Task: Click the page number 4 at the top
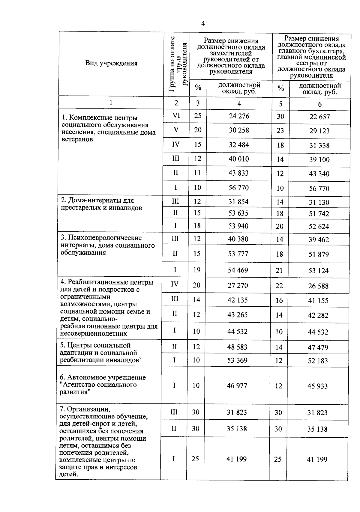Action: click(x=203, y=24)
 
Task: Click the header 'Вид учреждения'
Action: click(x=111, y=63)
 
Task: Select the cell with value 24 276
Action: click(x=239, y=116)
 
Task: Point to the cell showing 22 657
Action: click(x=319, y=117)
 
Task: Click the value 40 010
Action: click(x=239, y=159)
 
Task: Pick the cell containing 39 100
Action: click(x=319, y=160)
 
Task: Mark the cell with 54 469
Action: click(x=238, y=270)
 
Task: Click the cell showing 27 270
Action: click(x=238, y=285)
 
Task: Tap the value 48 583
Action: click(x=237, y=347)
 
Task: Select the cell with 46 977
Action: click(x=237, y=385)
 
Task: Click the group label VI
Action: click(x=176, y=115)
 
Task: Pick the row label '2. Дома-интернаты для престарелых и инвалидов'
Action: click(x=101, y=204)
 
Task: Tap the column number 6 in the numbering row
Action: click(x=320, y=104)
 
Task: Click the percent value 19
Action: click(x=197, y=270)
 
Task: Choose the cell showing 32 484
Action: click(x=239, y=145)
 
